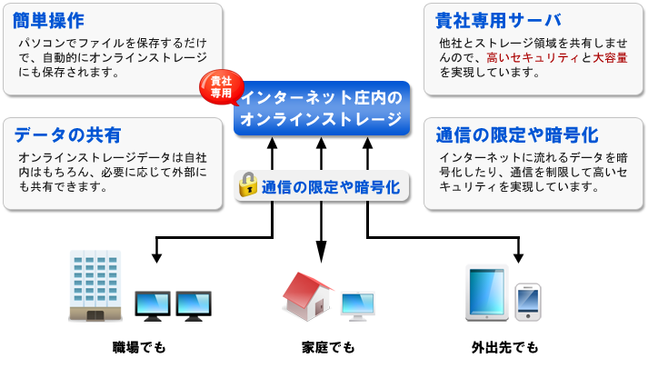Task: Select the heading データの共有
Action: [x=68, y=135]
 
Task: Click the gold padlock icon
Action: [x=247, y=184]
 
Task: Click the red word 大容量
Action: [x=610, y=57]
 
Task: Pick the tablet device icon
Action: [x=484, y=292]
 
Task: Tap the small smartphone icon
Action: [x=528, y=301]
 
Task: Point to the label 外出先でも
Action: [x=504, y=348]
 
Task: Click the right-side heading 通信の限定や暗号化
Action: [x=516, y=135]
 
